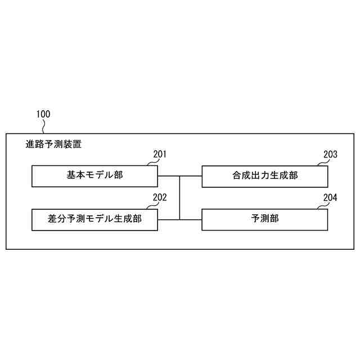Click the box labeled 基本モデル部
94,176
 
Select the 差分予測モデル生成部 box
94,219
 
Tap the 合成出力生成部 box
264,176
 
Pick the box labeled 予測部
264,219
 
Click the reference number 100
43,114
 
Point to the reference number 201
160,154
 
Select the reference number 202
160,197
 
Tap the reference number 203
330,154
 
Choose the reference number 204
330,197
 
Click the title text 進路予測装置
53,144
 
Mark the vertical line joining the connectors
179,197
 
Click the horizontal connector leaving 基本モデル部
168,176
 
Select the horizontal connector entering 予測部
191,219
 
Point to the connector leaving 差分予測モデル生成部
168,219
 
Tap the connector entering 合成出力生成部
191,176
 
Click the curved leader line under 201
152,163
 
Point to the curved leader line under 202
152,206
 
